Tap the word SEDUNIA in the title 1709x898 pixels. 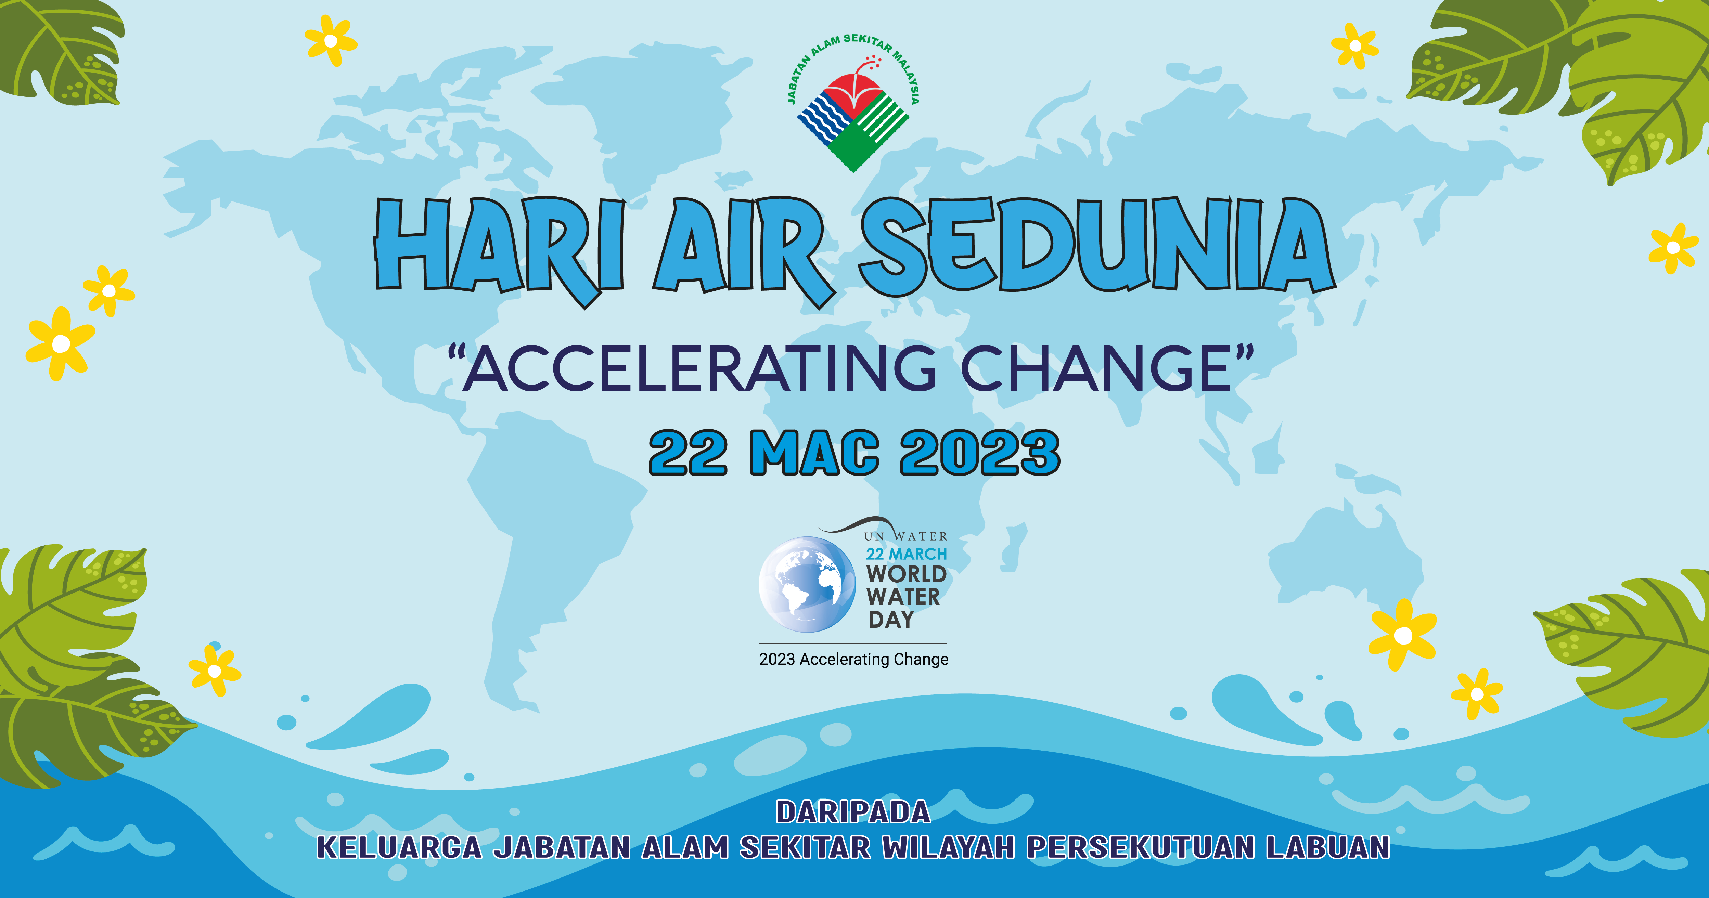click(1097, 244)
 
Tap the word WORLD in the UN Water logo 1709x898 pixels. click(906, 574)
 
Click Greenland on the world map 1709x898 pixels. click(664, 113)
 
